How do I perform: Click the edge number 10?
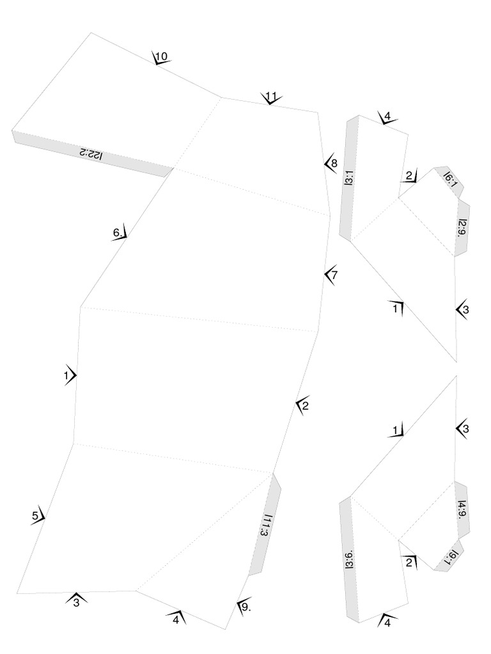[161, 57]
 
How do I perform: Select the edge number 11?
[271, 97]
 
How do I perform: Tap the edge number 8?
[333, 163]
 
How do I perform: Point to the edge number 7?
[333, 275]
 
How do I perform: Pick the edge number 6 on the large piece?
[118, 233]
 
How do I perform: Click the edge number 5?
[36, 515]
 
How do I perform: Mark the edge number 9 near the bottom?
[245, 607]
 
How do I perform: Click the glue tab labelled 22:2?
[91, 153]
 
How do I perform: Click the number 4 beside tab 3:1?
[387, 118]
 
